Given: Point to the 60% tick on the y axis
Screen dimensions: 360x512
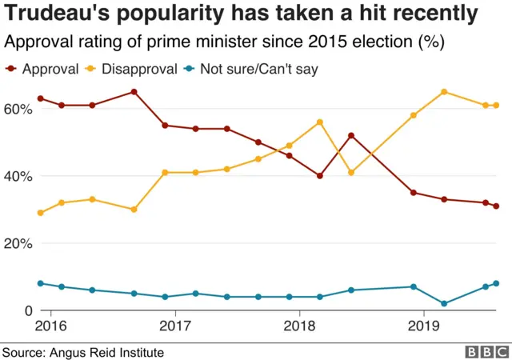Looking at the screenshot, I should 18,108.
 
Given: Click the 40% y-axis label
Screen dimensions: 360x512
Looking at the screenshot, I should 18,176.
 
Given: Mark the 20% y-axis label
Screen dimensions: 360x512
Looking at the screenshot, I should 18,243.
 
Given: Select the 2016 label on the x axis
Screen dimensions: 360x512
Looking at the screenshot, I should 50,326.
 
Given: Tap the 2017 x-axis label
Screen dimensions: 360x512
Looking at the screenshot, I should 174,326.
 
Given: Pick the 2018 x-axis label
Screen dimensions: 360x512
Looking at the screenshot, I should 298,326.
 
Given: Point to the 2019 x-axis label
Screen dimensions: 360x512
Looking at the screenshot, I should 422,326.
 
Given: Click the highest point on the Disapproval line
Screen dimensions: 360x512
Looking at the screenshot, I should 444,92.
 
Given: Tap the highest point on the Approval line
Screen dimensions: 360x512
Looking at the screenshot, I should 134,92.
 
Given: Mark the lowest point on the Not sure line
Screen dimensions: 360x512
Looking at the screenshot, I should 444,304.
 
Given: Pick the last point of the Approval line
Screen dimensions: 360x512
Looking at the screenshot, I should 496,206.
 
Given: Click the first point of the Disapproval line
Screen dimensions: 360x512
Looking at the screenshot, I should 41,213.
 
